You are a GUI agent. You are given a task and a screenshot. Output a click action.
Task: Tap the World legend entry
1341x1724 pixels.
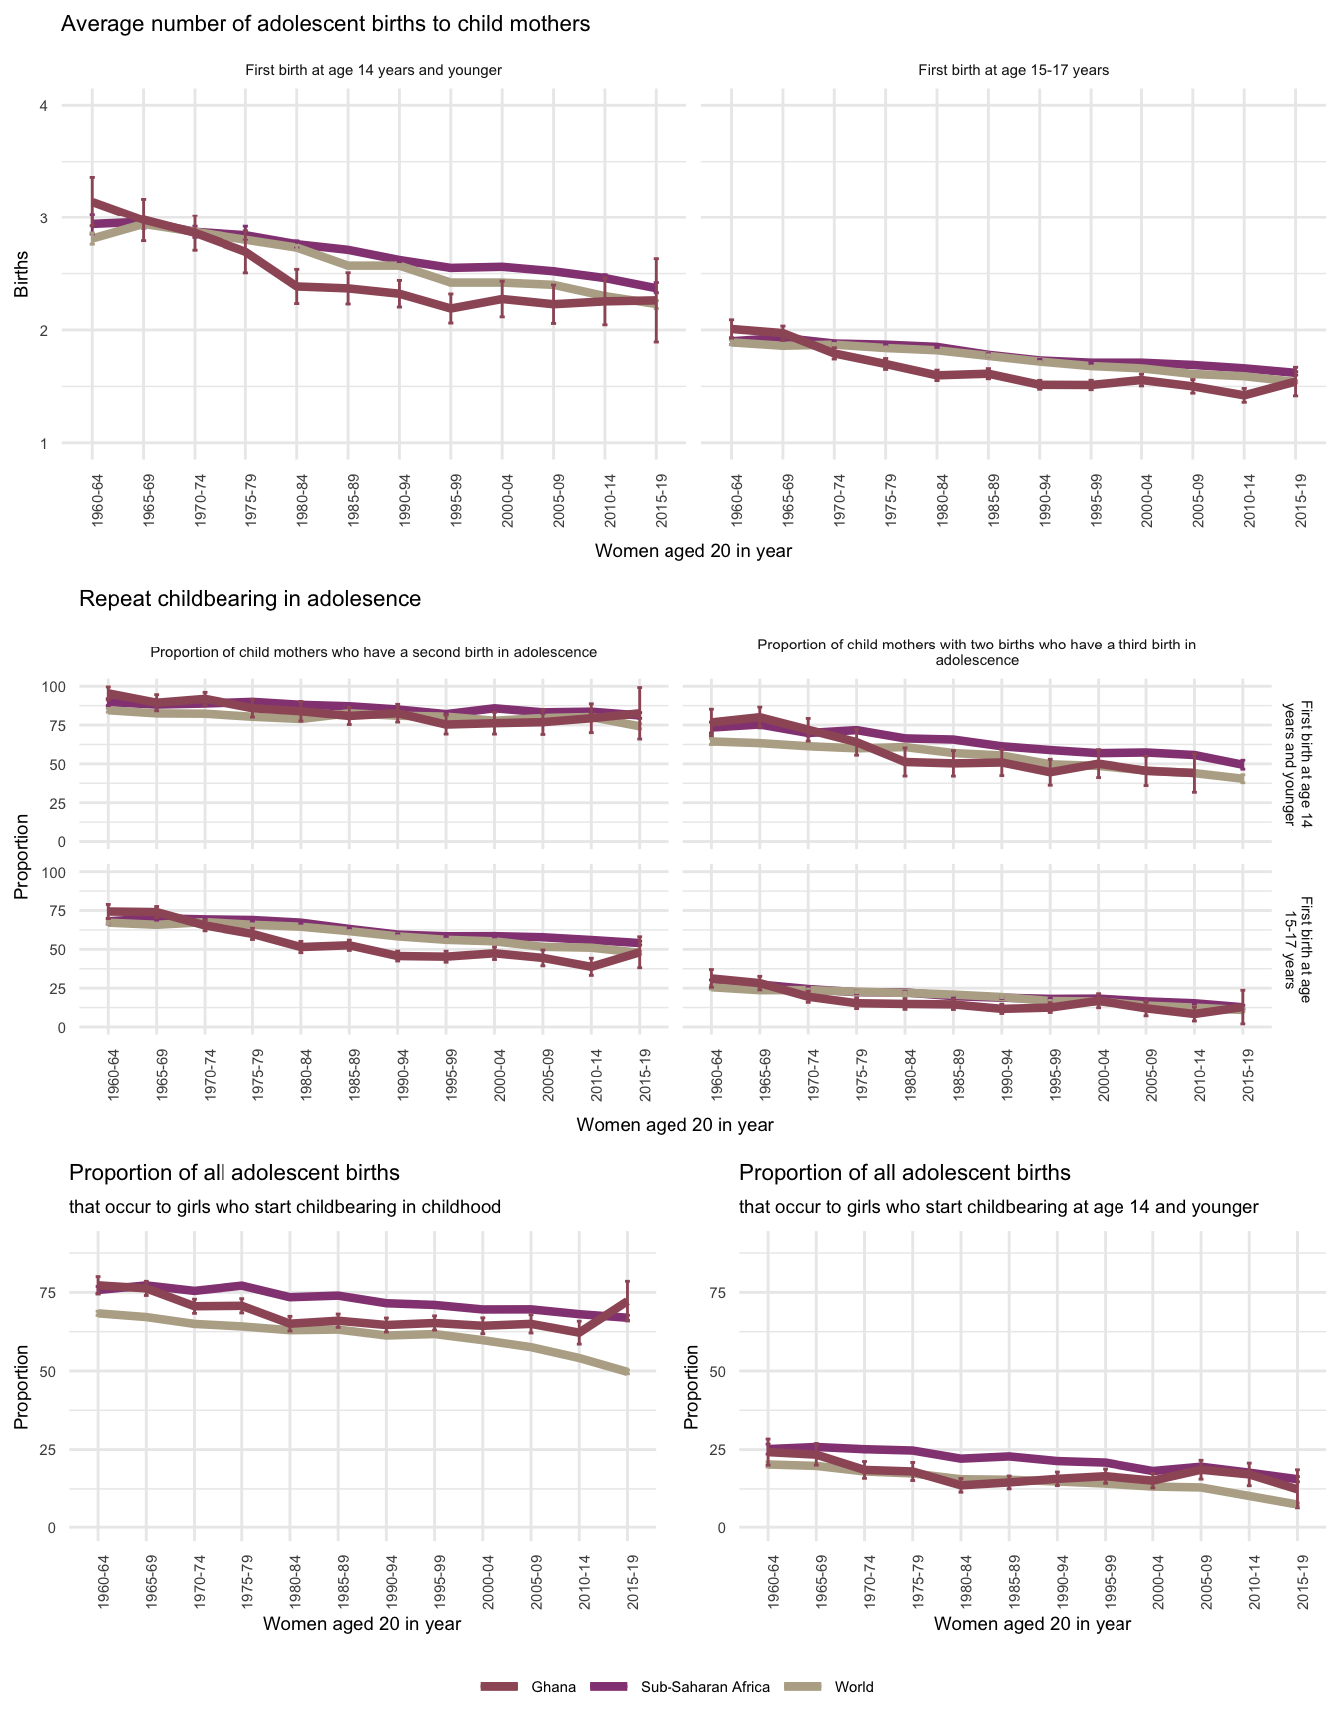(853, 1687)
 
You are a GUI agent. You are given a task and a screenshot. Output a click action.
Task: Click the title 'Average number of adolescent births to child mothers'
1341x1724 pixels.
(325, 24)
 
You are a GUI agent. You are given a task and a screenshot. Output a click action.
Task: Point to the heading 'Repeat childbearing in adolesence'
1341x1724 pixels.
(249, 599)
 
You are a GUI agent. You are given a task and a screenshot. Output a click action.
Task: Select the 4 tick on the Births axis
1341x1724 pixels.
(43, 106)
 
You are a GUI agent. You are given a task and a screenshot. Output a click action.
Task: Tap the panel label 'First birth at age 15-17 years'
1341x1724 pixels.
(1013, 70)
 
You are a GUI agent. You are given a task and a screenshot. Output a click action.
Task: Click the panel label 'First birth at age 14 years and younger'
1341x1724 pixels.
(373, 70)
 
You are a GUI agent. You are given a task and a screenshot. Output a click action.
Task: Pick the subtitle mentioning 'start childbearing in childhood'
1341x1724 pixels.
(284, 1207)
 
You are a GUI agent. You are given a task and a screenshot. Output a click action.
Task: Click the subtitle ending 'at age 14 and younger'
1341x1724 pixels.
(999, 1207)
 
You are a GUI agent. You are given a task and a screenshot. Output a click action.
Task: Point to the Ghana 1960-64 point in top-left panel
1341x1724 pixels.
(92, 202)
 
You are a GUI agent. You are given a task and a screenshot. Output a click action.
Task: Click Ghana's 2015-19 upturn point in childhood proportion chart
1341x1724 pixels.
(627, 1301)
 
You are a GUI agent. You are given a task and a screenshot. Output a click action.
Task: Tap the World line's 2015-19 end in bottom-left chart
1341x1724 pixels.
(627, 1372)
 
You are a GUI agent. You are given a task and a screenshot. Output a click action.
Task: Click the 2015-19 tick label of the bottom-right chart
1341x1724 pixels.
(1298, 1585)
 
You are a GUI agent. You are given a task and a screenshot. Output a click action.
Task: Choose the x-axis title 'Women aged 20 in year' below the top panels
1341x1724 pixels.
(692, 551)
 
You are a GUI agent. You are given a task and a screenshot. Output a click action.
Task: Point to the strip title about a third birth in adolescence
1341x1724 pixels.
(976, 652)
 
